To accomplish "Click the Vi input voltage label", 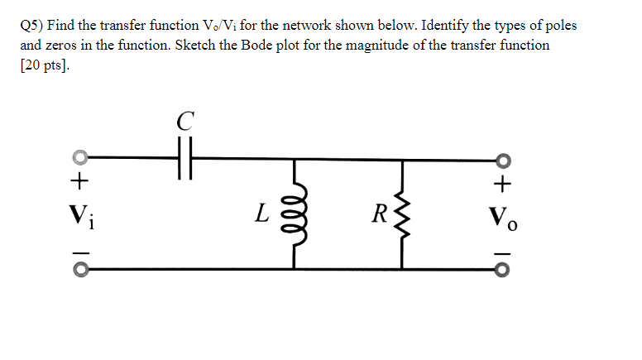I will [x=81, y=219].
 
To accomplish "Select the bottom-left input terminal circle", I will [x=80, y=269].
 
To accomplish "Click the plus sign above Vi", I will [x=80, y=180].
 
